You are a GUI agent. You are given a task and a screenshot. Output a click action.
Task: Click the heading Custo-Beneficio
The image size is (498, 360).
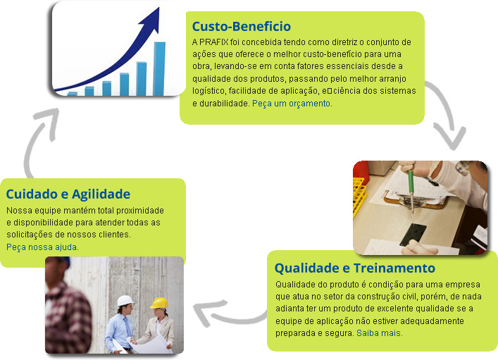(x=242, y=26)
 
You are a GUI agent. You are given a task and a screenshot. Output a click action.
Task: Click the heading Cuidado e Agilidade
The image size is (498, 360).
(x=68, y=194)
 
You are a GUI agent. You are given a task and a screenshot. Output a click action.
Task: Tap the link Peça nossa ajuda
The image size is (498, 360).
(x=42, y=247)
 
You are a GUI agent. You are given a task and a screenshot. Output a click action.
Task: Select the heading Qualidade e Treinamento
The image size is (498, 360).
(x=355, y=268)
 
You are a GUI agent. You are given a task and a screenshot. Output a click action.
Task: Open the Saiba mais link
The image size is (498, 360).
(x=380, y=333)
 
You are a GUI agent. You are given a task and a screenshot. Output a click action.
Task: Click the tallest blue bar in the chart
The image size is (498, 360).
(x=159, y=68)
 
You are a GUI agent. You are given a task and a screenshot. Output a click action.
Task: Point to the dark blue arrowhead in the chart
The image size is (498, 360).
(x=152, y=20)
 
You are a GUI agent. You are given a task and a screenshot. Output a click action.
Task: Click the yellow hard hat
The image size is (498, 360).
(x=159, y=303)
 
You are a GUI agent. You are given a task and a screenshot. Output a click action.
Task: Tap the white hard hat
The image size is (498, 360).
(x=125, y=301)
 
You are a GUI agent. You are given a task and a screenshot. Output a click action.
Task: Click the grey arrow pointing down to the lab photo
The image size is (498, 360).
(x=447, y=114)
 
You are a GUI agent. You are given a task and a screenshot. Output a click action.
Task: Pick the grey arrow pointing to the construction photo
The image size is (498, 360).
(x=230, y=315)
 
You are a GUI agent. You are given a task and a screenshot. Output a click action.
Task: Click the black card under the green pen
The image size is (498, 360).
(x=413, y=234)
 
